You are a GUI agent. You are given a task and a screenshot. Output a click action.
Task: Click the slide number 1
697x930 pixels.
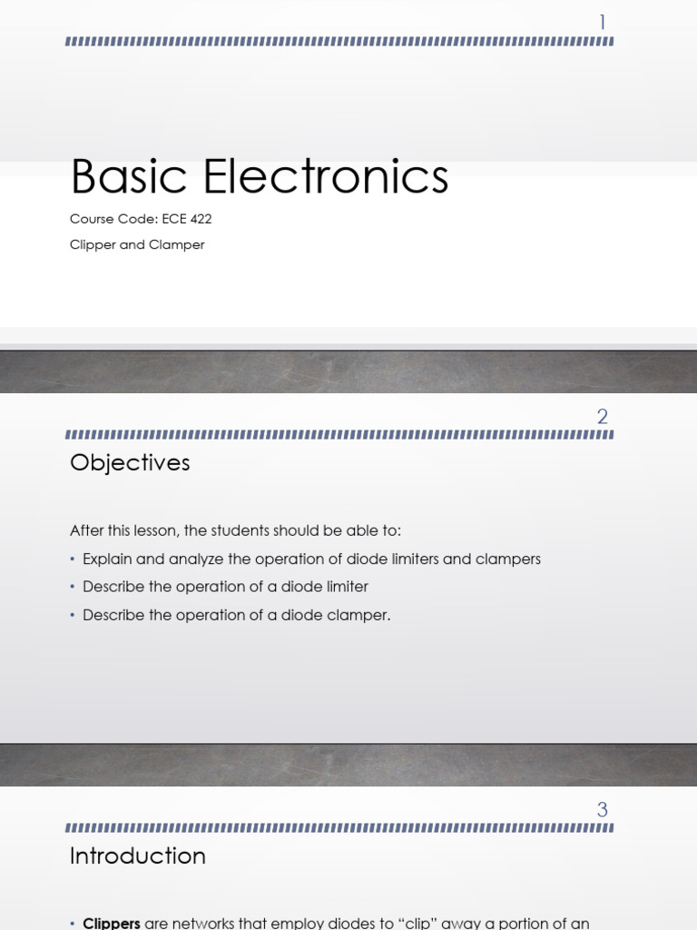[603, 22]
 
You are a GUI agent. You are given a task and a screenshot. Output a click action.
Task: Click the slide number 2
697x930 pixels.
[603, 417]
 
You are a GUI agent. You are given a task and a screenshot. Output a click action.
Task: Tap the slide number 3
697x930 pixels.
[603, 809]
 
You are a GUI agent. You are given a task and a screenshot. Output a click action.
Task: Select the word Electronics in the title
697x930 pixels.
[327, 176]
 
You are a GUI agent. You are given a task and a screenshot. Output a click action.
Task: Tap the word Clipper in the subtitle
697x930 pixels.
[92, 244]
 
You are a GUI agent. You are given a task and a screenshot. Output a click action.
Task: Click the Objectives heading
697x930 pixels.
[130, 463]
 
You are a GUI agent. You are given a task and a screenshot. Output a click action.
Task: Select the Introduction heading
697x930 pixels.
[138, 856]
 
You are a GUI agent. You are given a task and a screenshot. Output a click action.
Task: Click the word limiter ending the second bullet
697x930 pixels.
[346, 587]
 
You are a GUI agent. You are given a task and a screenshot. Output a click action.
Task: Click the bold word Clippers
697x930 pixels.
[112, 923]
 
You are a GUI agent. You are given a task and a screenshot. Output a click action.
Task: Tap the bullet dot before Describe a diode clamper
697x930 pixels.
[73, 615]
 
